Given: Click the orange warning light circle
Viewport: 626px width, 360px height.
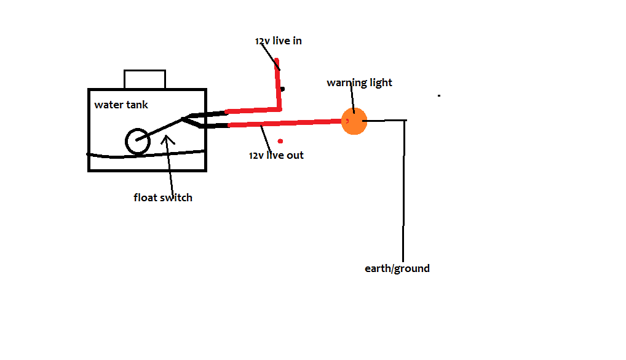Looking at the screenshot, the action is (354, 121).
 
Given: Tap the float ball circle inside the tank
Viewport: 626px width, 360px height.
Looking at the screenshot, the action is (138, 130).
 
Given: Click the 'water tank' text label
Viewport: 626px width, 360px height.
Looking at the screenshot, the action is (121, 105).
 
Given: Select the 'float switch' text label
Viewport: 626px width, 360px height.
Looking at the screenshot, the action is (163, 198).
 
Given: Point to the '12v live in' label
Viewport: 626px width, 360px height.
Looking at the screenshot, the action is (279, 41).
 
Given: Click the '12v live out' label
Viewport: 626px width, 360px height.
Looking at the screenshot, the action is (276, 155).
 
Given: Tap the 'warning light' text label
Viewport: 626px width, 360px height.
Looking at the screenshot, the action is (359, 82).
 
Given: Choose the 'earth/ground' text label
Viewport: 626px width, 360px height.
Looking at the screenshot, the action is (397, 268).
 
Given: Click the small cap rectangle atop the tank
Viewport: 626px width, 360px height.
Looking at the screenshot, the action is (145, 70).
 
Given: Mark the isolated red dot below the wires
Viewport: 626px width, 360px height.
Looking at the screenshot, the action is (280, 141).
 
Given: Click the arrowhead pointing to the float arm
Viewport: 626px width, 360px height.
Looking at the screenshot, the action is (168, 138).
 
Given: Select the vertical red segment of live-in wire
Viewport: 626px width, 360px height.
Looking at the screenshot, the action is (278, 84).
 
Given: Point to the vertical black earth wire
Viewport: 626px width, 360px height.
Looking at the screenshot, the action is (404, 191).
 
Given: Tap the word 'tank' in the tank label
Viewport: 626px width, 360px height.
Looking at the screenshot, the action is (137, 105).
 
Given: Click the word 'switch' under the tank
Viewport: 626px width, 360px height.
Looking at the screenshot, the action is (176, 198).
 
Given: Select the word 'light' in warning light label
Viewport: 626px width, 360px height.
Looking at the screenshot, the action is (381, 82).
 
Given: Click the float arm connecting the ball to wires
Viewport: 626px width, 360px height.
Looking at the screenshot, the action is (160, 129).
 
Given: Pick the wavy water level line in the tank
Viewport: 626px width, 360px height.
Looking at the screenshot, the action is (146, 154).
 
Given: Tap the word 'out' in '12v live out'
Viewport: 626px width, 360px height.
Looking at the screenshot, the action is (295, 155).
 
